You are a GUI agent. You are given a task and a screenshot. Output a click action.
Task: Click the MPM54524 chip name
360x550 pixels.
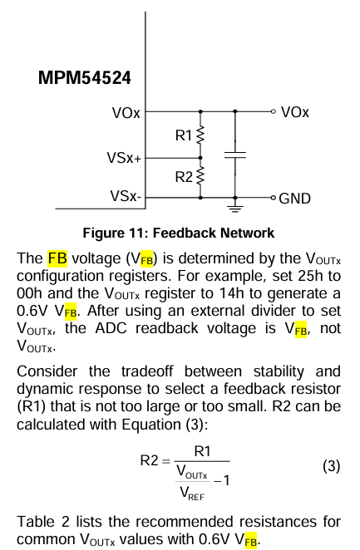(84, 77)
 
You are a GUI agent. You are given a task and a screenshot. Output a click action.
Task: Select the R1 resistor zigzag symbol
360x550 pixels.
(200, 135)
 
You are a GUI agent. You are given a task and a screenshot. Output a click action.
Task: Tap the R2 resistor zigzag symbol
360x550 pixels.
(200, 176)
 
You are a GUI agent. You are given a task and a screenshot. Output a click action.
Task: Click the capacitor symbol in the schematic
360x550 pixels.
(235, 155)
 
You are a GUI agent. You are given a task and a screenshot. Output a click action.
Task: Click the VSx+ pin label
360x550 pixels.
(124, 158)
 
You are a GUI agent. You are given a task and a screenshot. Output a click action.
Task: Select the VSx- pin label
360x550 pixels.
(126, 196)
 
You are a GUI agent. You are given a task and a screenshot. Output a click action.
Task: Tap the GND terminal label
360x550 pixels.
(295, 199)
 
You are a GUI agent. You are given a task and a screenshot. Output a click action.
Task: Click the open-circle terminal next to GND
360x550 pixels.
(274, 199)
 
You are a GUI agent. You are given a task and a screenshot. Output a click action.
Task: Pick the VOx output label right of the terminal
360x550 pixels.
(295, 112)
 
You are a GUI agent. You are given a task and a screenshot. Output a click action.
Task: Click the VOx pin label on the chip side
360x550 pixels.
(126, 113)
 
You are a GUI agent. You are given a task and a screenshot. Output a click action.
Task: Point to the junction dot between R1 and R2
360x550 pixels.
(200, 158)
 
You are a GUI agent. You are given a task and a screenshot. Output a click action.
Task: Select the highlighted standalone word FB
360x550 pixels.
(57, 258)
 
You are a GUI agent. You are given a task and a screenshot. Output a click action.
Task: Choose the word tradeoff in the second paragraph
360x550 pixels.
(147, 371)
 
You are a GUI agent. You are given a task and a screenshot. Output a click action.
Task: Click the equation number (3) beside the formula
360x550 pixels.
(331, 466)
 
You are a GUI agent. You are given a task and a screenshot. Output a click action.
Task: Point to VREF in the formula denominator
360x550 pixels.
(191, 493)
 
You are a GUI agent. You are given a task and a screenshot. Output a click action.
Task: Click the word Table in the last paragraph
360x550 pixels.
(36, 522)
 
